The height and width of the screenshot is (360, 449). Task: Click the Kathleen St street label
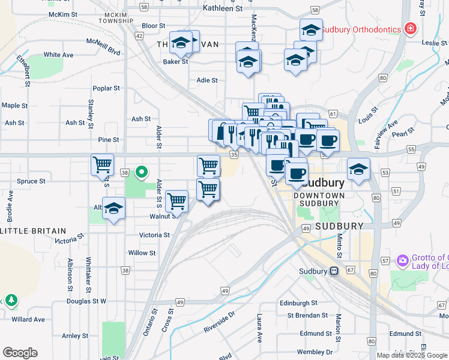point(223,9)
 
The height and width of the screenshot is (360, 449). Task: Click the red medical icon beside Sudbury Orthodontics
point(411,29)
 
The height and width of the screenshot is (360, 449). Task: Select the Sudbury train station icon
point(333,271)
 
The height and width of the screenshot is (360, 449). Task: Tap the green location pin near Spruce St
point(142,173)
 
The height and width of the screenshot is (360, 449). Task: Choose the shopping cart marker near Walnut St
point(176,202)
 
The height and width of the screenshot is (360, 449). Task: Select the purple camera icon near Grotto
point(402,261)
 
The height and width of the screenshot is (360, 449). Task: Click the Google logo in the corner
point(20,353)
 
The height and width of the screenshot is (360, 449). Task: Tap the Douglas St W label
point(86,301)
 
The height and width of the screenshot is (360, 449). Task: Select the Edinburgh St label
point(298,304)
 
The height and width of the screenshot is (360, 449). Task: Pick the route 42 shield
point(139,36)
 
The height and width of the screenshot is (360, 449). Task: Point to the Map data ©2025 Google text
point(412,355)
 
